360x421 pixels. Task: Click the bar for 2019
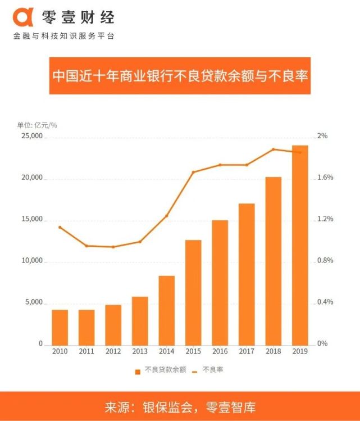click(300, 245)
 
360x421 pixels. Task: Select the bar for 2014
click(167, 310)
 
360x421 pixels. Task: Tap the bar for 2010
click(60, 327)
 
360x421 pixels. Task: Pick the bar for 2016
click(220, 282)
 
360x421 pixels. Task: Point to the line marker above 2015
click(193, 172)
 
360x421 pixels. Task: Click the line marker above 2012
click(113, 247)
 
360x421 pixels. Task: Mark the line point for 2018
click(273, 150)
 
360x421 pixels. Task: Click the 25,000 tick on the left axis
click(33, 137)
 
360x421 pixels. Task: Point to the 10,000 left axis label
click(33, 261)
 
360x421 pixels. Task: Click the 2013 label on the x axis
click(140, 351)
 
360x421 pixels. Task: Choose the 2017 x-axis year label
click(247, 351)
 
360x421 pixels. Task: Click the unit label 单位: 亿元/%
click(37, 125)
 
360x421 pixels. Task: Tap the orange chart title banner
click(180, 75)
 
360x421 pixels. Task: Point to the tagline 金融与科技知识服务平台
click(63, 37)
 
